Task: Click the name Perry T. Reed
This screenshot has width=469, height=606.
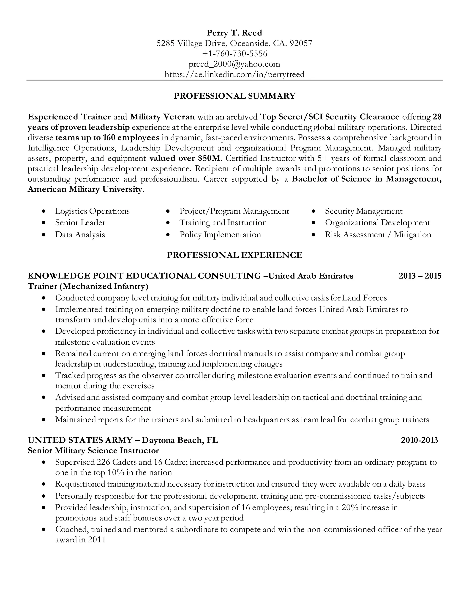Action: (x=234, y=33)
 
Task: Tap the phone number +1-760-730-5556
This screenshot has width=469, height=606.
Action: (x=234, y=53)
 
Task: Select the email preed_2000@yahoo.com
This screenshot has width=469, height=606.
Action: (x=234, y=64)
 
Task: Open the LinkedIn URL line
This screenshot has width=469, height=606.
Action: (x=234, y=74)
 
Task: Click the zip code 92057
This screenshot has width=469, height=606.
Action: (x=301, y=43)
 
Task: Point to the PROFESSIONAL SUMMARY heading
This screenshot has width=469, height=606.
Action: (x=234, y=96)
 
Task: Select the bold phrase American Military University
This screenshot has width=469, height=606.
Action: (x=85, y=189)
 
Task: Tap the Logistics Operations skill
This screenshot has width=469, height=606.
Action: (x=92, y=211)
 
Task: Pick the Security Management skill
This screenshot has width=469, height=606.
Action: (x=363, y=211)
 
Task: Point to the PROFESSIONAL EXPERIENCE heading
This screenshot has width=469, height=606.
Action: (x=234, y=255)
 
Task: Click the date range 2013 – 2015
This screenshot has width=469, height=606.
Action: (x=420, y=276)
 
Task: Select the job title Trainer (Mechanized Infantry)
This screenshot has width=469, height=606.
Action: (x=88, y=286)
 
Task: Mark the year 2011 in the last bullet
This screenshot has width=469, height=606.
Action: (x=97, y=540)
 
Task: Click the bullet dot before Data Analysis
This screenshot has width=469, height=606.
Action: (x=43, y=235)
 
